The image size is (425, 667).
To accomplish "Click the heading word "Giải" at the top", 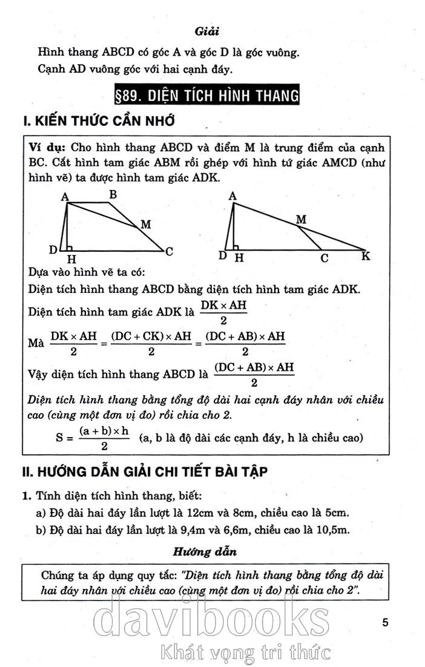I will pos(207,30).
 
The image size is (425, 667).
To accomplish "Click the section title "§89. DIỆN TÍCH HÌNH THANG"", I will pos(207,96).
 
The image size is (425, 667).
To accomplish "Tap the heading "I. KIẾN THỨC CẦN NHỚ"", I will pos(99,122).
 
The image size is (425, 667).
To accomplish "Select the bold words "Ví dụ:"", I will pos(48,148).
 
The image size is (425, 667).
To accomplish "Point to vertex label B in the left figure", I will pos(113,194).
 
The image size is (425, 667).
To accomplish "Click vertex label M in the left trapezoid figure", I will pos(145,225).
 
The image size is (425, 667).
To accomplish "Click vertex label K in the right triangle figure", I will pos(366,256).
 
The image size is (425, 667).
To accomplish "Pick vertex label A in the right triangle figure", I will pos(233,195).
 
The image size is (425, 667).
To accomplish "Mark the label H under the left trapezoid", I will pos(70,260).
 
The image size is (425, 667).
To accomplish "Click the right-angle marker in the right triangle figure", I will pos(236,247).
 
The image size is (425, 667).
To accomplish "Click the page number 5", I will pos(386,622).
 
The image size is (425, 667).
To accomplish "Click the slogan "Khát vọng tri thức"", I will pos(242,653).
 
